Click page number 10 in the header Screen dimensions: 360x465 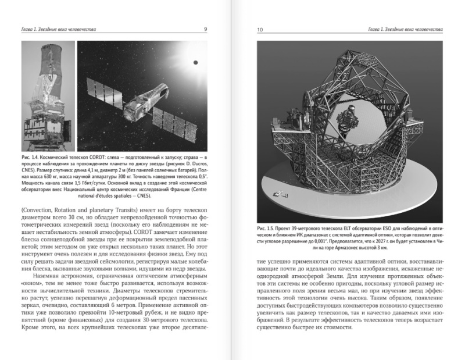(x=259, y=29)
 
